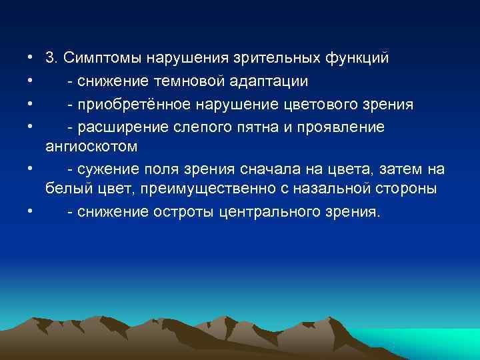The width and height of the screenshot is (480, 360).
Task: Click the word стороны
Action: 408,189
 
